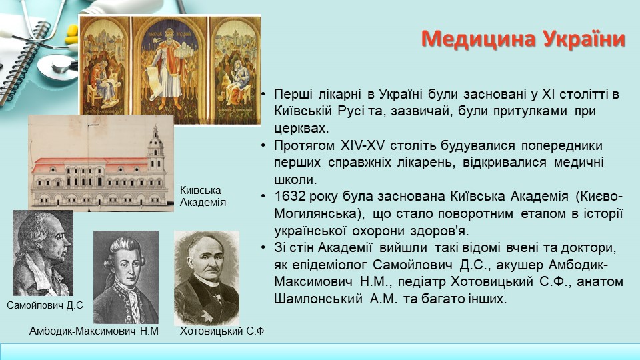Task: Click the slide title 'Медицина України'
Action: pyautogui.click(x=523, y=39)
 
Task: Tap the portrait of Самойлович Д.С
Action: pyautogui.click(x=43, y=253)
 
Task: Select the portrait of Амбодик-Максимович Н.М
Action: pyautogui.click(x=126, y=277)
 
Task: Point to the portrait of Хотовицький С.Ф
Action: pyautogui.click(x=207, y=278)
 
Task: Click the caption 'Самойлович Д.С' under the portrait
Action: pyautogui.click(x=45, y=305)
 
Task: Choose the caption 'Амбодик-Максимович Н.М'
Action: pyautogui.click(x=93, y=331)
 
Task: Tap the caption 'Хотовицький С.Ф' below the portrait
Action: pyautogui.click(x=222, y=331)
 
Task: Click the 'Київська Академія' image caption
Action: pyautogui.click(x=203, y=196)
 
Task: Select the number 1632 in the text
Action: pyautogui.click(x=290, y=196)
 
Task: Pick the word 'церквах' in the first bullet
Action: pyautogui.click(x=301, y=129)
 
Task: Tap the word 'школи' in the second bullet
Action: pyautogui.click(x=295, y=179)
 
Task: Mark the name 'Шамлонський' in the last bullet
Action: pyautogui.click(x=318, y=299)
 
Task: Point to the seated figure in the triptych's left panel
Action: pyautogui.click(x=104, y=84)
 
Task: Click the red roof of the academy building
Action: pyautogui.click(x=91, y=161)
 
